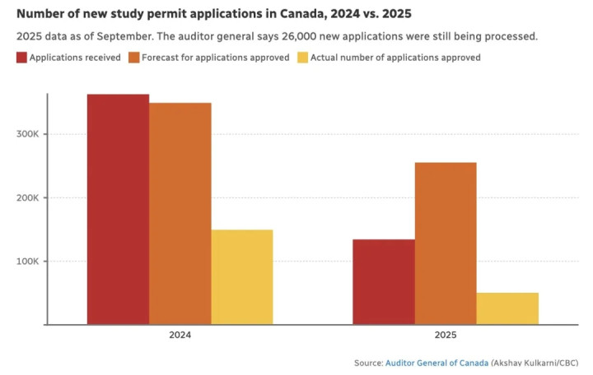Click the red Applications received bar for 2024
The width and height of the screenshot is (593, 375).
118,210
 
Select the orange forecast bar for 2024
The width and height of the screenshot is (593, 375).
180,214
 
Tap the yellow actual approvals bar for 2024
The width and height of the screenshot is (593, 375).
241,277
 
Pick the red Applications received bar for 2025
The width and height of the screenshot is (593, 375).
384,282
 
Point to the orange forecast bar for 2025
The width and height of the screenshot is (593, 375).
446,243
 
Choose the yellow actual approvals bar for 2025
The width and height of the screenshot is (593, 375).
507,308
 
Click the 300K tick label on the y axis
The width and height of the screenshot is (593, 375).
27,134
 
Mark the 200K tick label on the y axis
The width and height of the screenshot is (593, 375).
27,198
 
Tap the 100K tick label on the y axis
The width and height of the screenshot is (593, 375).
27,262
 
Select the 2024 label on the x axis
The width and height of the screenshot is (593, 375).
180,336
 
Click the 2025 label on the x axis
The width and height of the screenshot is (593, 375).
446,336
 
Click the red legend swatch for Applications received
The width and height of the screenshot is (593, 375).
21,58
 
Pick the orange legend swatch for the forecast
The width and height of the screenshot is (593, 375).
133,58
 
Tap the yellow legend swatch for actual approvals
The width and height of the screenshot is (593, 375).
302,58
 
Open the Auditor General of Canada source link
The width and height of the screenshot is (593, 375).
436,363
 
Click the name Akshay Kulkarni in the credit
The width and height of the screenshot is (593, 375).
526,363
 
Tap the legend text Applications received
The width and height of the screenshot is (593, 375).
75,58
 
